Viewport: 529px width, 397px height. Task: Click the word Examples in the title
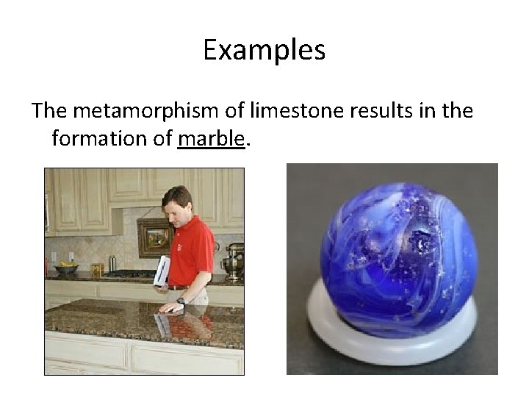(264, 51)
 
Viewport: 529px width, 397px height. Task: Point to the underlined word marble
(209, 138)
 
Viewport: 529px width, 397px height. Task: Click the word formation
(100, 138)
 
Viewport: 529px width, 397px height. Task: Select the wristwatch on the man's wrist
(181, 301)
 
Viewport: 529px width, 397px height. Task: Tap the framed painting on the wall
(155, 237)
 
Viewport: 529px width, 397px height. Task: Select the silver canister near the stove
(112, 262)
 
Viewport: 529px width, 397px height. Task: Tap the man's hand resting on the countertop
(170, 306)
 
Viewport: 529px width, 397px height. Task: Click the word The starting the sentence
(49, 112)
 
